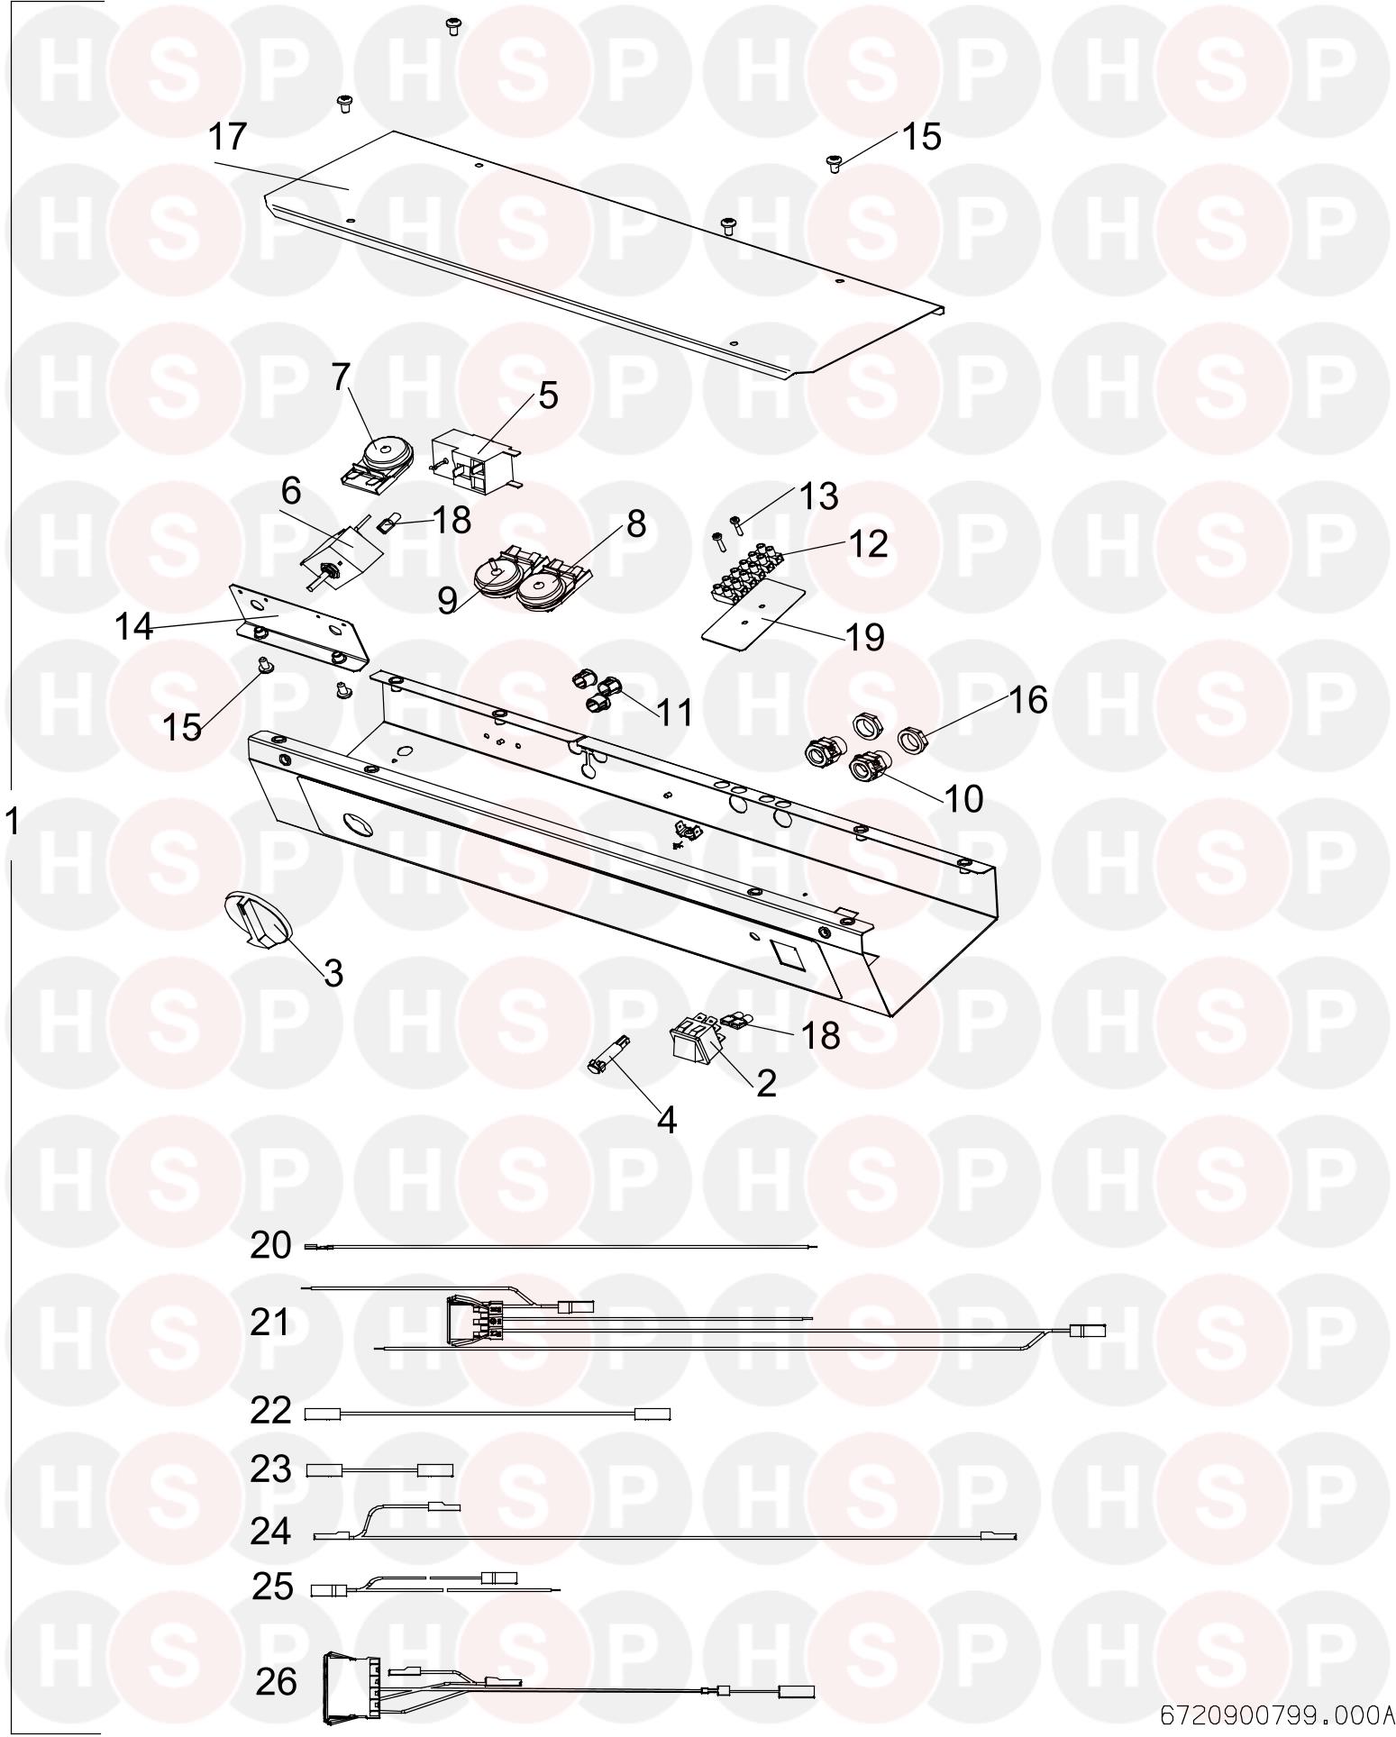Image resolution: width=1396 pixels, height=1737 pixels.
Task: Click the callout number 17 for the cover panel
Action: [227, 137]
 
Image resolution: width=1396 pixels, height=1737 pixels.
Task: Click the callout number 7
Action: [339, 377]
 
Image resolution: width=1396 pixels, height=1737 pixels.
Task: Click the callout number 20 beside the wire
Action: [270, 1244]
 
